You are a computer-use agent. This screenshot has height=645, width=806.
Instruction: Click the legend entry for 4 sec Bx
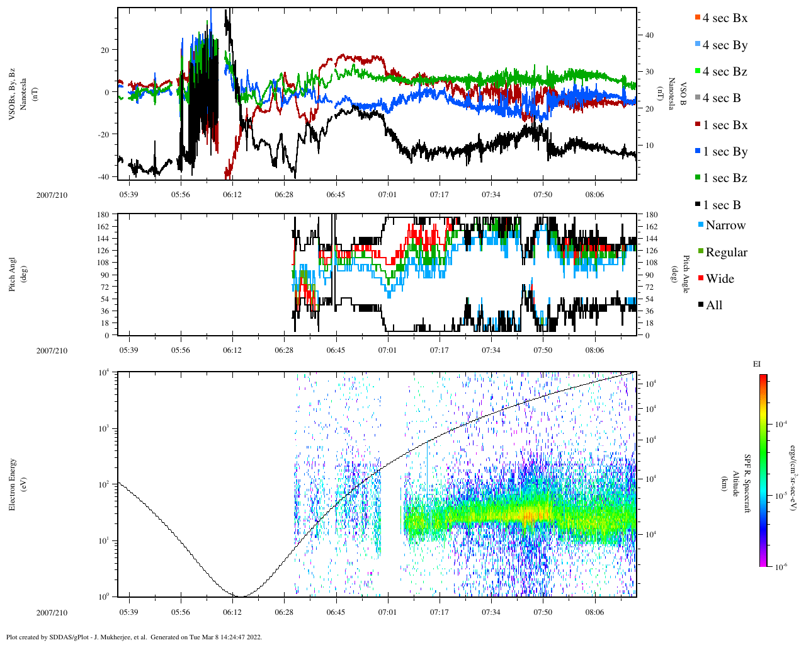click(724, 18)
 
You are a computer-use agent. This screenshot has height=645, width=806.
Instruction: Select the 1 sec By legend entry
click(725, 152)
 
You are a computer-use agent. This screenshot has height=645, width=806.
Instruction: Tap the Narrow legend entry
click(725, 225)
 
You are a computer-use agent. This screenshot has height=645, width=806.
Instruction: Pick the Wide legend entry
click(719, 279)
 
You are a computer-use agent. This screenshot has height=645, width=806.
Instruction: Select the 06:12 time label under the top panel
click(232, 195)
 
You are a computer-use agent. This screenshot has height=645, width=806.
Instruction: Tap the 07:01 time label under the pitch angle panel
click(387, 350)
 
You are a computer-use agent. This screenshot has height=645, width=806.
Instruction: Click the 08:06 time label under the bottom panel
click(594, 612)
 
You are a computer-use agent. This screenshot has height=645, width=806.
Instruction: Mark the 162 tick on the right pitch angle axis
click(651, 227)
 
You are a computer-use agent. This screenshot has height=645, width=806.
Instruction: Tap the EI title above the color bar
click(757, 364)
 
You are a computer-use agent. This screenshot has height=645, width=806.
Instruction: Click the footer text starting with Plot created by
click(133, 637)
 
